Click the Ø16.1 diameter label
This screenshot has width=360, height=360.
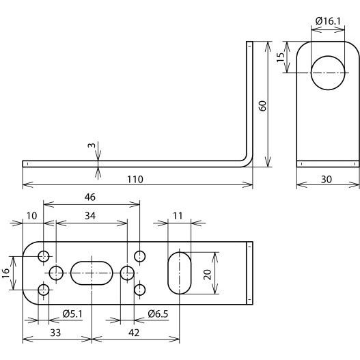pyautogui.click(x=328, y=21)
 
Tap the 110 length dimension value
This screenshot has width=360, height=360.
pyautogui.click(x=135, y=179)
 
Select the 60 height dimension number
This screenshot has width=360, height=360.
pyautogui.click(x=262, y=106)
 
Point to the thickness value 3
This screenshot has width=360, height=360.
pyautogui.click(x=92, y=145)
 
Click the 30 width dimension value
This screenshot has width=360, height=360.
pyautogui.click(x=327, y=179)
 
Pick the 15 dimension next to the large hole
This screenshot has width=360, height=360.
pyautogui.click(x=280, y=57)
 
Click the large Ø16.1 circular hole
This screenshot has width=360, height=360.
pyautogui.click(x=328, y=73)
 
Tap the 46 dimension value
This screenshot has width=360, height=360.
pyautogui.click(x=89, y=197)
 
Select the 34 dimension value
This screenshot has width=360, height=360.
pyautogui.click(x=90, y=216)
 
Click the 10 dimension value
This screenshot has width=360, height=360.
pyautogui.click(x=31, y=216)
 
